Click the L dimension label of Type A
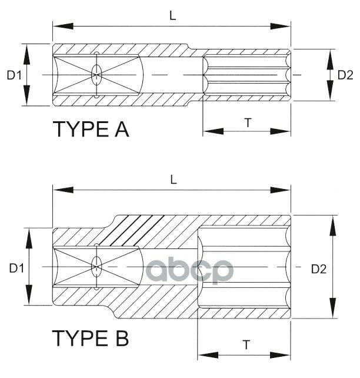tap(173, 16)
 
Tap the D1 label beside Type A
tap(14, 75)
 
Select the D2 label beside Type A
tap(345, 75)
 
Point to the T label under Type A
tap(248, 122)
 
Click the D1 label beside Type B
tap(16, 268)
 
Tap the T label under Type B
tap(245, 345)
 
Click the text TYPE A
tap(91, 129)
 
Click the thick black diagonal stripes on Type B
tap(138, 228)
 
